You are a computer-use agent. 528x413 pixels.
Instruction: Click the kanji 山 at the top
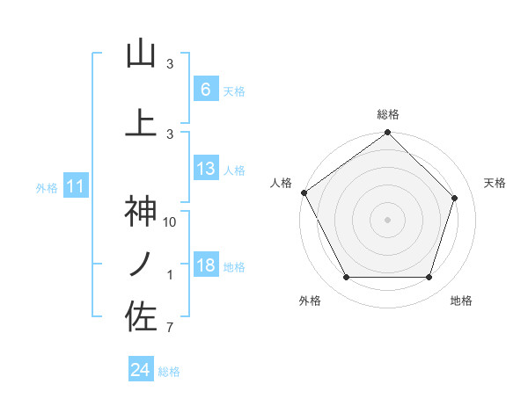click(141, 54)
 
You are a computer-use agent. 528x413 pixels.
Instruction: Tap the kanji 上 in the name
click(141, 123)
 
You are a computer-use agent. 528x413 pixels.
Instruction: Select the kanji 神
click(141, 212)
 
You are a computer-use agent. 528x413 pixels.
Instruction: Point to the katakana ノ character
click(141, 264)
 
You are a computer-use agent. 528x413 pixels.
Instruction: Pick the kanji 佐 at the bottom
click(141, 316)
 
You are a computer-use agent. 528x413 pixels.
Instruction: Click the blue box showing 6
click(205, 90)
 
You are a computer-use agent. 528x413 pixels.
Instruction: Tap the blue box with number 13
click(205, 169)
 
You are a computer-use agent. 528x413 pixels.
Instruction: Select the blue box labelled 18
click(205, 265)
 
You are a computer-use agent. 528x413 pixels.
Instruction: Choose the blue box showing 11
click(76, 186)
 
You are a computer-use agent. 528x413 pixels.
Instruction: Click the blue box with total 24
click(141, 370)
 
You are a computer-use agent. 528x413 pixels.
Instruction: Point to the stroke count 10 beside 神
click(171, 221)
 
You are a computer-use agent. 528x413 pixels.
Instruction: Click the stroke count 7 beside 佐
click(170, 329)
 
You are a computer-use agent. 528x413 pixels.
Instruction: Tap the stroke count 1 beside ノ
click(170, 275)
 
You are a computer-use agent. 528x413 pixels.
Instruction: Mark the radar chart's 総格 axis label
click(388, 114)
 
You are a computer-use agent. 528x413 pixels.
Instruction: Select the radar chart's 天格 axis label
click(495, 183)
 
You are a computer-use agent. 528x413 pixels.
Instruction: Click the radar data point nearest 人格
click(304, 192)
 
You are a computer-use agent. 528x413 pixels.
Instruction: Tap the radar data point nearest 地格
click(429, 278)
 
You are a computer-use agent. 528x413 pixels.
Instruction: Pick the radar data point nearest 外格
click(346, 278)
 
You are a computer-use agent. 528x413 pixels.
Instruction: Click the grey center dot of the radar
click(387, 219)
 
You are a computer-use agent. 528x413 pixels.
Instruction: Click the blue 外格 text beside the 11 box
click(47, 187)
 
